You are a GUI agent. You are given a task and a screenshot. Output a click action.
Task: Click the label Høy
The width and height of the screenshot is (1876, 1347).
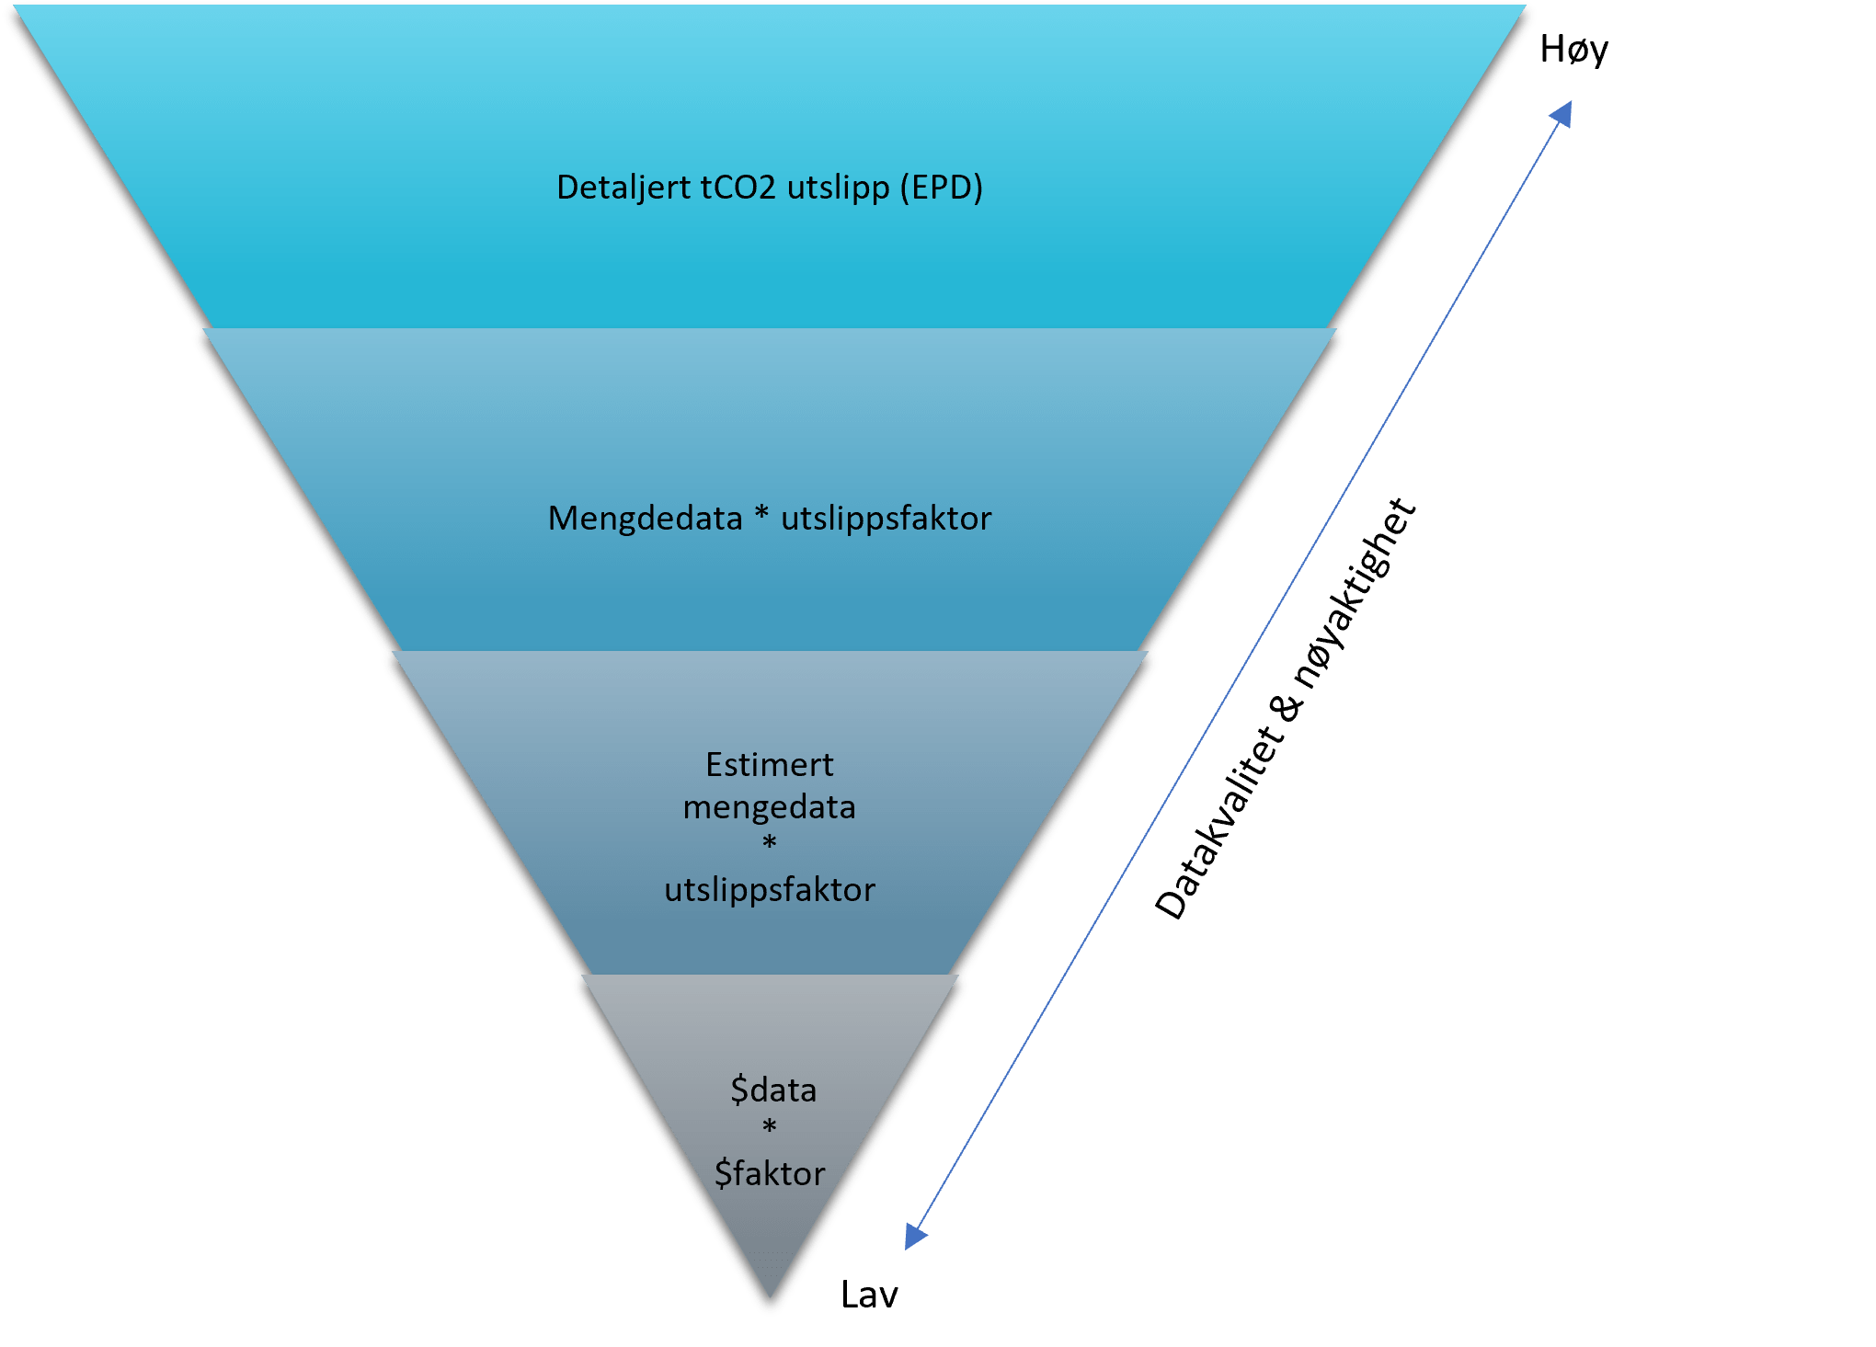click(1573, 50)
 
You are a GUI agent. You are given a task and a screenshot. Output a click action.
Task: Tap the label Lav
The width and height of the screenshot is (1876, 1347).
click(869, 1295)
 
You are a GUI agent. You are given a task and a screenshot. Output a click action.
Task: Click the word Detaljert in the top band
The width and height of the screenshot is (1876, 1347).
click(623, 188)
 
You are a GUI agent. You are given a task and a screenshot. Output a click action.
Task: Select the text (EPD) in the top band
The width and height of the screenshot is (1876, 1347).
click(942, 188)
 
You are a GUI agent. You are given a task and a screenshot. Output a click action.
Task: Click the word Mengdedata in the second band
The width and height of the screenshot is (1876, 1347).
click(645, 519)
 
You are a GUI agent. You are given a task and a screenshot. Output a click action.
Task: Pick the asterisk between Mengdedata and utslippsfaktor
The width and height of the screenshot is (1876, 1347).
click(761, 513)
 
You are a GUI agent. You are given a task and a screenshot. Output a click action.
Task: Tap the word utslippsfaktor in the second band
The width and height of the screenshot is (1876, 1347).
click(887, 519)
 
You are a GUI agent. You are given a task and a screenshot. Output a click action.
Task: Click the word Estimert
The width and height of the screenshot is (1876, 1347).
click(770, 765)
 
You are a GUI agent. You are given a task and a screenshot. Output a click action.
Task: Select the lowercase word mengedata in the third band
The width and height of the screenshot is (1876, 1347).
click(770, 807)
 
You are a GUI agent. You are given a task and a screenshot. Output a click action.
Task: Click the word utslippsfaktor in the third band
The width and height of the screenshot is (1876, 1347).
click(770, 890)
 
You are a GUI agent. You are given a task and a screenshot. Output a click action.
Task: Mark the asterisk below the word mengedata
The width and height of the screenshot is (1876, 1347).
click(770, 841)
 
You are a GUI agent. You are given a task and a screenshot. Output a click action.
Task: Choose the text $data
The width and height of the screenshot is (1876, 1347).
click(773, 1090)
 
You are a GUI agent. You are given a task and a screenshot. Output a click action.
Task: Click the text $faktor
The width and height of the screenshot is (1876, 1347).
click(770, 1173)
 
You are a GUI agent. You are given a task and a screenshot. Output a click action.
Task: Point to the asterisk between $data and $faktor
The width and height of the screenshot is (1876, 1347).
click(770, 1125)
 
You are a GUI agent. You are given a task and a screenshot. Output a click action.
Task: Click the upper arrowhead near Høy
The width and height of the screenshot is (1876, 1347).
click(1561, 114)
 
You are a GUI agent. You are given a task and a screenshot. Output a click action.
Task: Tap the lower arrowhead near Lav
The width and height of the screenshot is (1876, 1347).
click(916, 1236)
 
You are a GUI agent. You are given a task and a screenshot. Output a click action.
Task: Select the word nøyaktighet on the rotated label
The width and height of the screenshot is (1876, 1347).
click(1355, 593)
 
